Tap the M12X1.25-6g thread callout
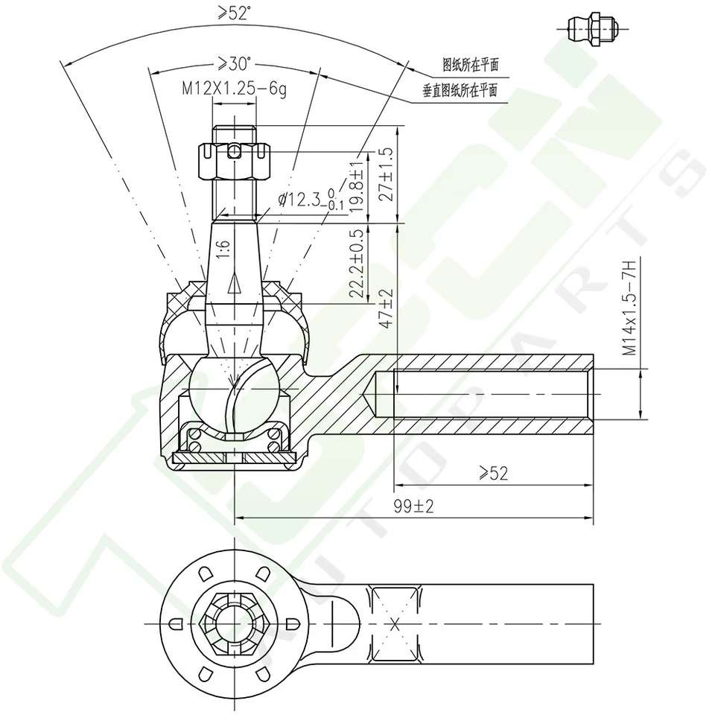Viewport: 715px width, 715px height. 235,89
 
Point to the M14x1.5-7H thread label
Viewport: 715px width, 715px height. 629,308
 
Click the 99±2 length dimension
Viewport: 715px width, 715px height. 414,506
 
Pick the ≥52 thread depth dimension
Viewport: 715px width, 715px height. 493,473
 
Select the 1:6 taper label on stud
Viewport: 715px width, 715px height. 223,249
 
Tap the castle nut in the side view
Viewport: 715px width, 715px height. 235,162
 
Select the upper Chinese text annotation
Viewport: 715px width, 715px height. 470,65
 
